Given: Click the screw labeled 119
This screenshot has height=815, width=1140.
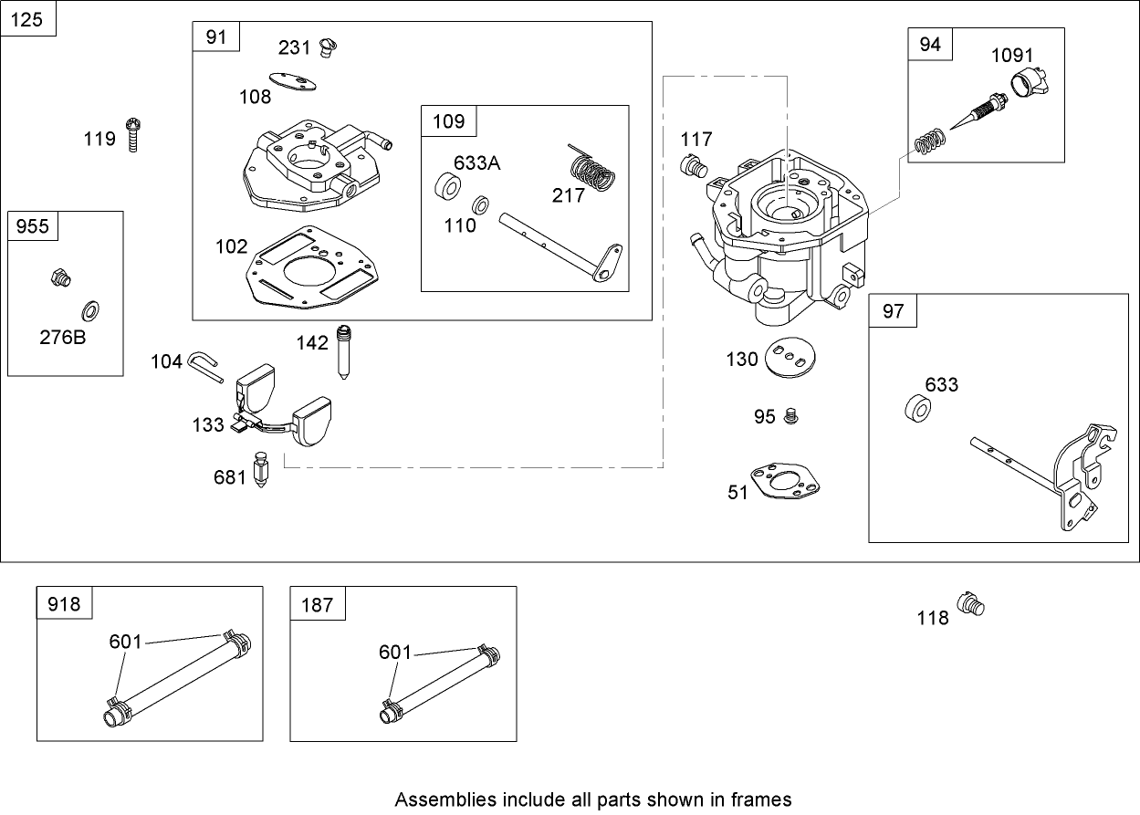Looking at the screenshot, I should point(133,133).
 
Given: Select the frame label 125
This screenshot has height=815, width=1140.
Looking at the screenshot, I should point(28,18).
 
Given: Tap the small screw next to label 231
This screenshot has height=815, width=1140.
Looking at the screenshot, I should point(329,46).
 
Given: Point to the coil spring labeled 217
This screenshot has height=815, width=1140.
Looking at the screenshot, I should point(592,172).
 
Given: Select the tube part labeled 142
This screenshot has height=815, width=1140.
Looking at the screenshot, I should point(344,351).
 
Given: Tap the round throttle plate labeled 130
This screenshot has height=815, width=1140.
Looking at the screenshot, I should point(790,358).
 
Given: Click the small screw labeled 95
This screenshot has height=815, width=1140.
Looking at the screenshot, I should point(791,416).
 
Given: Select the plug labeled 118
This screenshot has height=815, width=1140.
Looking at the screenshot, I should point(970,604).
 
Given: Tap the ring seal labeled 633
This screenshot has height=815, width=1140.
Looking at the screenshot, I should point(916,407).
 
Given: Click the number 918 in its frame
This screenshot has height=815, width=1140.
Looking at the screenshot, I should point(64,604).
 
